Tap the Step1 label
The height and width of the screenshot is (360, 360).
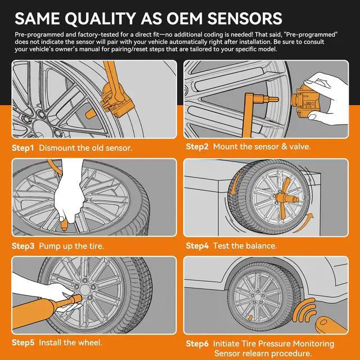coord(23,148)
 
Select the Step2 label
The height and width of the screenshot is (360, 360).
coord(197,146)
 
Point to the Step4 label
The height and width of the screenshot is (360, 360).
coord(197,246)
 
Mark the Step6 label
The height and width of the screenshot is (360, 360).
coord(197,343)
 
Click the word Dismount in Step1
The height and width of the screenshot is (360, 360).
coord(59,148)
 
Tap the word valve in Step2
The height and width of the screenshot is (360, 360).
coord(299,146)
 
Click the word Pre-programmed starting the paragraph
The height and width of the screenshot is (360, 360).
coord(40,35)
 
